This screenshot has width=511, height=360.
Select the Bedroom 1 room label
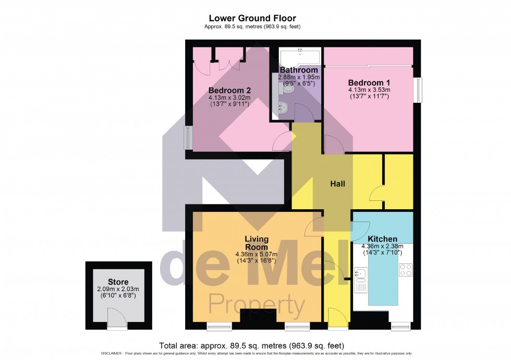click(x=369, y=82)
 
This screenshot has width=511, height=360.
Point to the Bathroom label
click(x=299, y=70)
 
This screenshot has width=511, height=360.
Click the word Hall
click(x=337, y=184)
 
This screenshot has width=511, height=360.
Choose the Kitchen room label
click(x=382, y=239)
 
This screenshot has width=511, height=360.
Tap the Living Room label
click(x=256, y=243)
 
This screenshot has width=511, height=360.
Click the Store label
click(x=118, y=282)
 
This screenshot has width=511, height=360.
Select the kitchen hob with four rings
click(x=406, y=270)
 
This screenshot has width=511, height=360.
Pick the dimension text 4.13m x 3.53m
click(x=369, y=90)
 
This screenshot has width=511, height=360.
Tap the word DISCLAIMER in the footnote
click(x=112, y=354)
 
